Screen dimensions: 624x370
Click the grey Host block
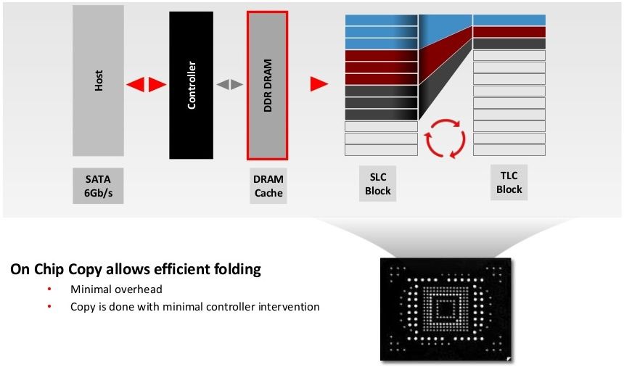point(98,81)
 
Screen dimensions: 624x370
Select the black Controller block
point(191,85)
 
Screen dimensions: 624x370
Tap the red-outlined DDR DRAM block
point(268,86)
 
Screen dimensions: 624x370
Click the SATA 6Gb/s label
point(98,186)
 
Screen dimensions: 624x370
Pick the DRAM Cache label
point(268,186)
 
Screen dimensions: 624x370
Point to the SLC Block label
point(377,184)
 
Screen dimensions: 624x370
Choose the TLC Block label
point(509,182)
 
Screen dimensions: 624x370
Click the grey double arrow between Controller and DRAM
point(229,84)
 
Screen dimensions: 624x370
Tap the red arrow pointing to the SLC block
point(319,84)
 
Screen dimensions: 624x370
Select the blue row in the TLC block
point(509,20)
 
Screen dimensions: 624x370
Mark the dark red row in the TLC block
point(509,32)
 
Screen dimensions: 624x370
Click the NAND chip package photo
point(446,310)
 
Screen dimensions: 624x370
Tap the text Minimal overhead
point(116,289)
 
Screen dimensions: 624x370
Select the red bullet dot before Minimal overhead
point(49,289)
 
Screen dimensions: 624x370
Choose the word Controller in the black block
point(192,85)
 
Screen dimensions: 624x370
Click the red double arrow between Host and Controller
point(146,84)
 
